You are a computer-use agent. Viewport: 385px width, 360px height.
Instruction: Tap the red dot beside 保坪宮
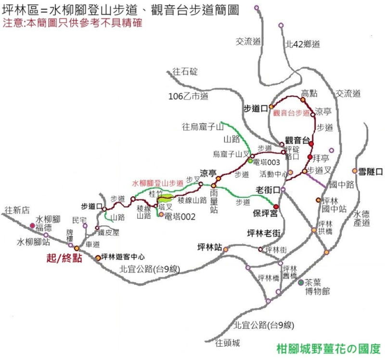276,206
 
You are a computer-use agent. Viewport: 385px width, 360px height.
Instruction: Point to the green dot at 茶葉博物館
301,282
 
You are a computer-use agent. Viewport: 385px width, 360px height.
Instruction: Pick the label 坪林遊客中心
123,257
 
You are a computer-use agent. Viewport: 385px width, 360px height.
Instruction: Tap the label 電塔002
180,217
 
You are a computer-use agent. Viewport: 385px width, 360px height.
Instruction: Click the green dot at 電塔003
250,161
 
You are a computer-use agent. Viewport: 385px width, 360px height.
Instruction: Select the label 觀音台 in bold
296,140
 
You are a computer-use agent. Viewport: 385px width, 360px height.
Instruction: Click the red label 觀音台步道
292,113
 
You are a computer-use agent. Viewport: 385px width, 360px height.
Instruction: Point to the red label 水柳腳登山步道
157,183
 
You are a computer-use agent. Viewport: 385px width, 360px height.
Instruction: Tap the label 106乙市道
188,96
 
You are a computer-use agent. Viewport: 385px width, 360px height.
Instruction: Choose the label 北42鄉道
303,44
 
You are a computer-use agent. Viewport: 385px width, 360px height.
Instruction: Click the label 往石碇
185,72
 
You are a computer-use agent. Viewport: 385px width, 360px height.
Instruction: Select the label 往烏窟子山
203,128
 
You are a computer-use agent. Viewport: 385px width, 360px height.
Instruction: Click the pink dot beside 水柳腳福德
32,225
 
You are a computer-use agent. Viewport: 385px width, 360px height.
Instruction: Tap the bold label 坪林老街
264,233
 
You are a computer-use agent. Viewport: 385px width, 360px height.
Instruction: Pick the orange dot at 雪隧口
355,171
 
